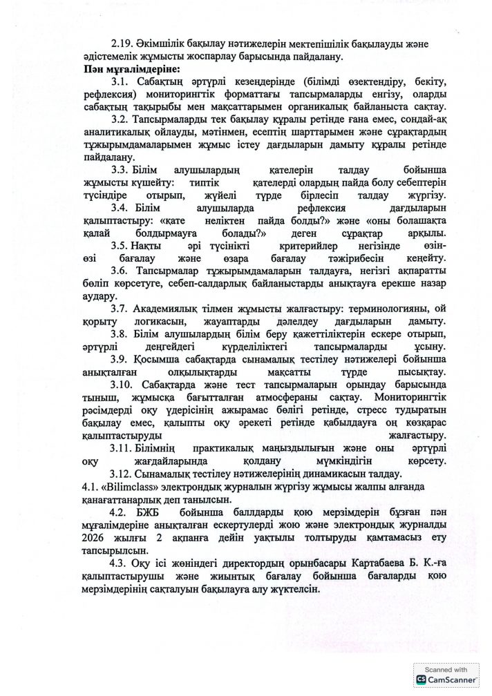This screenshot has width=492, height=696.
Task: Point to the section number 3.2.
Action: click(x=121, y=119)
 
